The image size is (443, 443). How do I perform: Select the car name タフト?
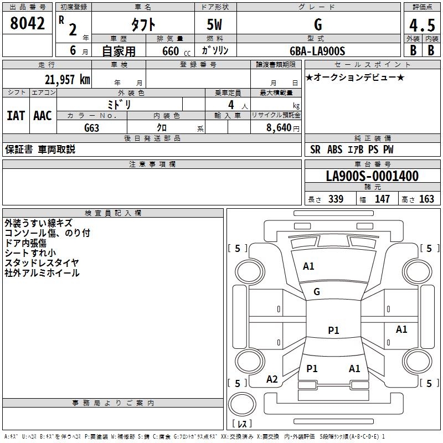pos(143,24)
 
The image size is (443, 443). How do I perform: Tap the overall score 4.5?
pos(421,25)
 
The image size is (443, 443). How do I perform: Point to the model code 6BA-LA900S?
pos(317,51)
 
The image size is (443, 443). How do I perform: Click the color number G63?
pos(92,127)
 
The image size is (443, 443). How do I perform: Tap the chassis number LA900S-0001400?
pos(372,176)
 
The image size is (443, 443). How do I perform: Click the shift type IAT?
pos(16,116)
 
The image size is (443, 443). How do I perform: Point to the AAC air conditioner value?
pos(43,116)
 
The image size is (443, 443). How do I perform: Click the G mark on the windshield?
pos(317,292)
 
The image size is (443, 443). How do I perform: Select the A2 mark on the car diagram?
pos(272,379)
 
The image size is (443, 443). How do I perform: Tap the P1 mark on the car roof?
pos(333,331)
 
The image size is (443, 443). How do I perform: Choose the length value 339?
pos(335,199)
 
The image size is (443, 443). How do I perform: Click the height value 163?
pos(427,199)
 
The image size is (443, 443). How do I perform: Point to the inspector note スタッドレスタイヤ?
pos(42,262)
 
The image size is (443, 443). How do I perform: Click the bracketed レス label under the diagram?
pos(244,424)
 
